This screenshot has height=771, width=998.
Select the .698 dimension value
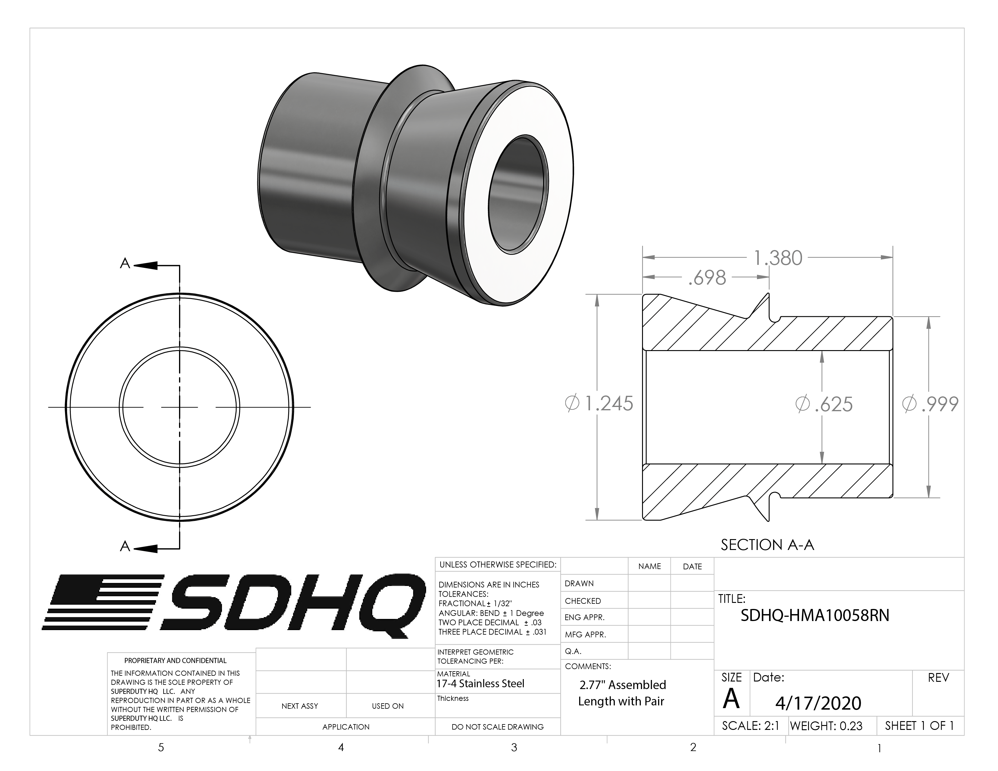tap(707, 278)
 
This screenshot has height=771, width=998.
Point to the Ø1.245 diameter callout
tap(599, 403)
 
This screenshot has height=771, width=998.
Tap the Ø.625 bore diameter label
tap(824, 404)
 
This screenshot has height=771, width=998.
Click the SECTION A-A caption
tap(767, 545)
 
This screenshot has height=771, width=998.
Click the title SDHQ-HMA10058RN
tap(815, 616)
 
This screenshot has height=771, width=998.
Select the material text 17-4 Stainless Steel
tap(480, 684)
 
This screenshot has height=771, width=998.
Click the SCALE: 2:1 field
tap(750, 726)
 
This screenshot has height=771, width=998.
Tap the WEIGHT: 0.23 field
tap(826, 726)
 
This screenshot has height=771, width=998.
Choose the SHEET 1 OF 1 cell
tap(919, 726)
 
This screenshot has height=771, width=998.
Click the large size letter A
tap(731, 699)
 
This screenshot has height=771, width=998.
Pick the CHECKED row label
tap(583, 601)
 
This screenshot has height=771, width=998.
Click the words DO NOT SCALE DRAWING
tap(497, 727)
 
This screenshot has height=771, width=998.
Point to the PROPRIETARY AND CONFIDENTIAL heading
tap(175, 660)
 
